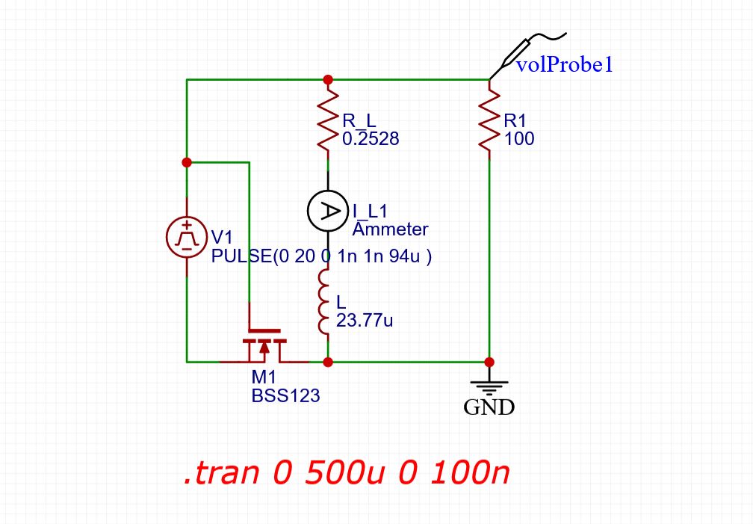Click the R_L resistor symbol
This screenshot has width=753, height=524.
[x=327, y=120]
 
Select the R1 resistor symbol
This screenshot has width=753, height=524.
[x=489, y=120]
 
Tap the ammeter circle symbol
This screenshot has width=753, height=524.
[x=327, y=211]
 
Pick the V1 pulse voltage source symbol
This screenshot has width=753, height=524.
[x=187, y=237]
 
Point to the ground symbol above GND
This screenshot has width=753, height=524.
[x=489, y=387]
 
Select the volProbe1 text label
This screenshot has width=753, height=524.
[x=565, y=65]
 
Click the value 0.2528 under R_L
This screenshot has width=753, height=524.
[x=370, y=138]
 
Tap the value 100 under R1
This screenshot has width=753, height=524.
[x=518, y=138]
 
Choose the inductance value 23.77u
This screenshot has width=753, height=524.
[x=365, y=321]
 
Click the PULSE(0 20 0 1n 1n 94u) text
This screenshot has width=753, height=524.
[x=322, y=256]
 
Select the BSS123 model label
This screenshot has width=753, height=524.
[x=285, y=396]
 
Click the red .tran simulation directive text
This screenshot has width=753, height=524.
[x=347, y=474]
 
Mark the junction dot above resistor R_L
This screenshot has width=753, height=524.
[x=327, y=79]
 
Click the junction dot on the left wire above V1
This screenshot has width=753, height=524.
[x=187, y=161]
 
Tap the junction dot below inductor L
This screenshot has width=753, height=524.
[x=327, y=362]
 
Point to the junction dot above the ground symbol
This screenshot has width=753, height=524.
[x=489, y=362]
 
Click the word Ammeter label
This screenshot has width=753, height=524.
[x=390, y=229]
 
